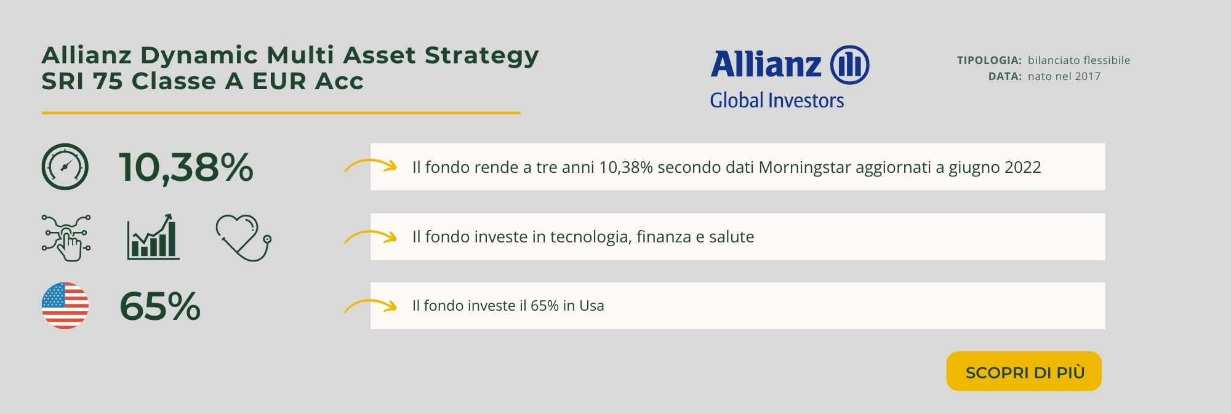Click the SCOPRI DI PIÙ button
pyautogui.click(x=1024, y=371)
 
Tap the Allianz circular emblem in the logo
pyautogui.click(x=849, y=65)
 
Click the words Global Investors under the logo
pyautogui.click(x=777, y=100)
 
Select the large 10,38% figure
pyautogui.click(x=186, y=167)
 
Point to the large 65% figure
pyautogui.click(x=160, y=306)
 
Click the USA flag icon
pyautogui.click(x=65, y=306)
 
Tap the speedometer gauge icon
pyautogui.click(x=65, y=167)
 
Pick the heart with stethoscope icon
pyautogui.click(x=244, y=237)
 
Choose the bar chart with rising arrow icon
pyautogui.click(x=153, y=237)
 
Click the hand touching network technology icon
pyautogui.click(x=66, y=237)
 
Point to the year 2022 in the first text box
pyautogui.click(x=1022, y=167)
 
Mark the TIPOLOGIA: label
pyautogui.click(x=989, y=60)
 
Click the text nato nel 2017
pyautogui.click(x=1064, y=76)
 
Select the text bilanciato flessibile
pyautogui.click(x=1079, y=60)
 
